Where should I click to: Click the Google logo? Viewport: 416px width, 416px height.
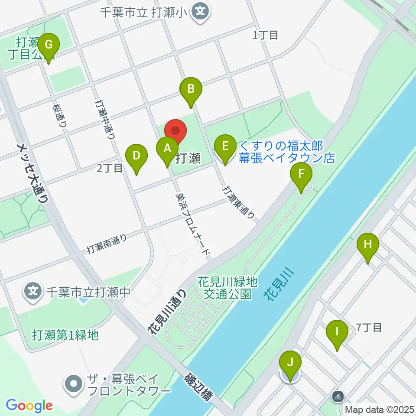tap(29, 406)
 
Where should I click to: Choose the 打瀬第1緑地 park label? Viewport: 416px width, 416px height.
tap(65, 335)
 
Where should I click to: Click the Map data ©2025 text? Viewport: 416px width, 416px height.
tap(379, 409)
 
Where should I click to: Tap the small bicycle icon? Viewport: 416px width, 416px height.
tap(338, 396)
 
